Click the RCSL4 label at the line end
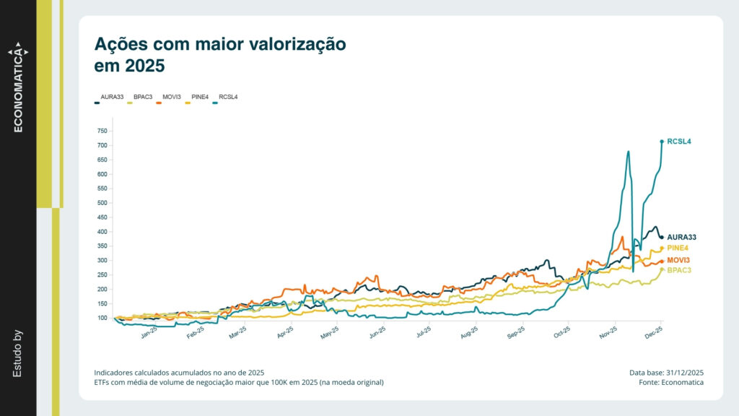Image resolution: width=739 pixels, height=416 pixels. [679, 142]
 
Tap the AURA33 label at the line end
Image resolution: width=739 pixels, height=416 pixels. [682, 237]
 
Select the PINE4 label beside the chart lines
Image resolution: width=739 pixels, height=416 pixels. [678, 248]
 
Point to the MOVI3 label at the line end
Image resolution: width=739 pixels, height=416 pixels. [678, 260]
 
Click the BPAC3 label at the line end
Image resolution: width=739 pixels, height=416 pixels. [679, 270]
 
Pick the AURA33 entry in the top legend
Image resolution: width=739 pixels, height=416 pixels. [112, 96]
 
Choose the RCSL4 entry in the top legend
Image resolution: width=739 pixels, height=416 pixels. [228, 96]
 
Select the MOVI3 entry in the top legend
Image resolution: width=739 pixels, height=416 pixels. [171, 96]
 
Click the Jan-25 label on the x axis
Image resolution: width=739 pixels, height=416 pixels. [149, 333]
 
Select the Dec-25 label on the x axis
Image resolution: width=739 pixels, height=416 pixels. [654, 333]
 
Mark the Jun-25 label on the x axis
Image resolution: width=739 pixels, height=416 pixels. [377, 333]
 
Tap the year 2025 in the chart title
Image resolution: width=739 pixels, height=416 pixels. [144, 66]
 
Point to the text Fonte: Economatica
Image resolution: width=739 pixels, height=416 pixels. [671, 382]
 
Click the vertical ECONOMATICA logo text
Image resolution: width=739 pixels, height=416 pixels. [18, 90]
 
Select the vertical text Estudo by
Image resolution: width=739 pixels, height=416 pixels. [18, 353]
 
